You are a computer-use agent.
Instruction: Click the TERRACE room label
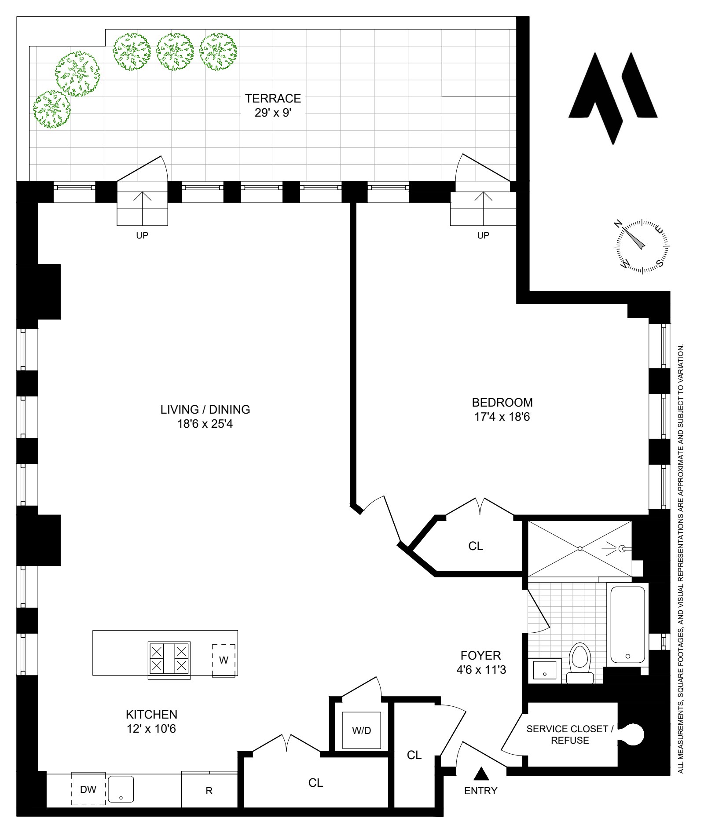point(273,98)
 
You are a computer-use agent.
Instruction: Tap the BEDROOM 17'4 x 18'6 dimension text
point(502,417)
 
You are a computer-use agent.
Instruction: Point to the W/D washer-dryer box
point(362,730)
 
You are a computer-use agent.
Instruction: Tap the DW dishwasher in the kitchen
point(88,789)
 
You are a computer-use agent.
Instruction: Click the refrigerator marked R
point(209,790)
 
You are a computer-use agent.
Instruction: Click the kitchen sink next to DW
point(121,789)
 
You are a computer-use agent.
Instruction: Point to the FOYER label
point(480,656)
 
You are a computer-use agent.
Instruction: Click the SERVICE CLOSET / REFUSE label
point(570,734)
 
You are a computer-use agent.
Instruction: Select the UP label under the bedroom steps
point(483,235)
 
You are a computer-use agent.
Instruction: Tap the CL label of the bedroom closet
point(476,546)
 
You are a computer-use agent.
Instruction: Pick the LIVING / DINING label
point(205,409)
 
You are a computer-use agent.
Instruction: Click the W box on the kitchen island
point(224,660)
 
